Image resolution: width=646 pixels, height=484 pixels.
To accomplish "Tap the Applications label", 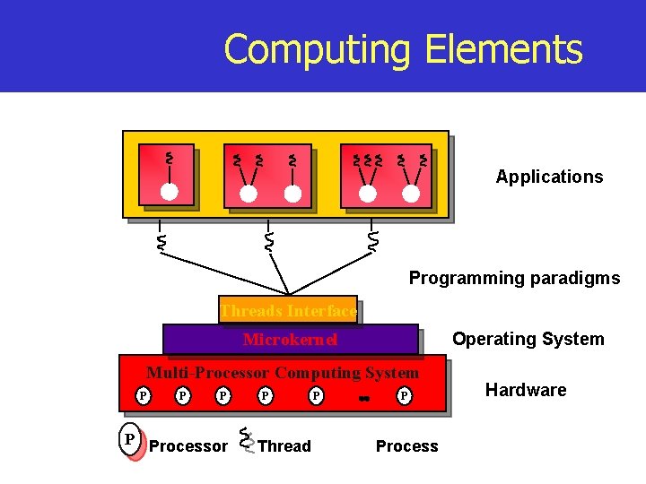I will (549, 177).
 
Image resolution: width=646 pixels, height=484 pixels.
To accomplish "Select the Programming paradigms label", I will (514, 278).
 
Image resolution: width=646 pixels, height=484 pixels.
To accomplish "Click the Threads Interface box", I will (288, 310).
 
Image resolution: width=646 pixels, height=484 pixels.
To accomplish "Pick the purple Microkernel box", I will (290, 340).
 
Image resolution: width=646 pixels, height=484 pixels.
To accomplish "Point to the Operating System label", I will (528, 339).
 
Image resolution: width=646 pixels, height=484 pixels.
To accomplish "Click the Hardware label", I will (526, 390).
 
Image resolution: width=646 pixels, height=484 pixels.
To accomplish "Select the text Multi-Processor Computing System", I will (283, 373).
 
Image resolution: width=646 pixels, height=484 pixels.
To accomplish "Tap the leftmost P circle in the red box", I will (142, 395).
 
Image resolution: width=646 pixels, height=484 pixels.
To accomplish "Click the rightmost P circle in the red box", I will (405, 395).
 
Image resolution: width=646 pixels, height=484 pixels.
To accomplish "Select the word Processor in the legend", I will (188, 446).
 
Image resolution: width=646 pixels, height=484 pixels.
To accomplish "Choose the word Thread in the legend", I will (284, 446).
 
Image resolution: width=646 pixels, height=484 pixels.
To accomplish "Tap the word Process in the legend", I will (406, 446).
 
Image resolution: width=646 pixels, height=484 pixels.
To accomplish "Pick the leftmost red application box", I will (166, 176).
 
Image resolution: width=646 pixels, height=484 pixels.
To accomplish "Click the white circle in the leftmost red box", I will (169, 191).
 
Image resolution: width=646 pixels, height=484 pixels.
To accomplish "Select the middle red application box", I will (266, 176).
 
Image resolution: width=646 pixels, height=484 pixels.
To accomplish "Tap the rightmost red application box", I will (387, 176).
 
